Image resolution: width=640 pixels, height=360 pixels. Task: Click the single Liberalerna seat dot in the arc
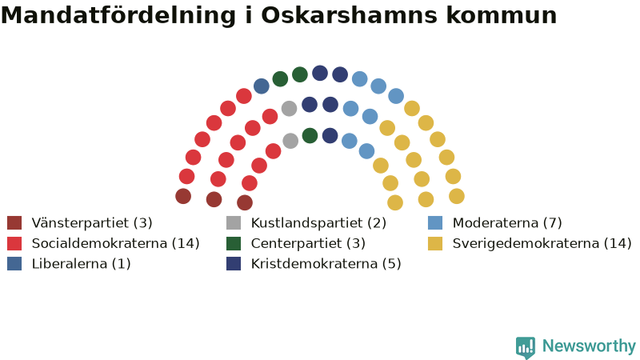tap(262, 86)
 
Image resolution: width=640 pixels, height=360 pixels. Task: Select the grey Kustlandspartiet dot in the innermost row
tap(290, 141)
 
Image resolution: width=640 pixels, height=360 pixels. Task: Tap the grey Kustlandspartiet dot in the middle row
tap(289, 109)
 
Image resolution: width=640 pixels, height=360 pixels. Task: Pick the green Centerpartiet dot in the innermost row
tap(310, 135)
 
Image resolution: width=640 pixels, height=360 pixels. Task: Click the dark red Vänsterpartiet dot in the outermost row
tap(183, 196)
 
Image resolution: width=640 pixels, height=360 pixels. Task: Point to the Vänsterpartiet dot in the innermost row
tap(245, 202)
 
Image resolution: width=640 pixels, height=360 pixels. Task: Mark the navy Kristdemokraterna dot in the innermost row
tap(330, 135)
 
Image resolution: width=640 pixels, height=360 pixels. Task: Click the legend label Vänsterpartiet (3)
tap(92, 223)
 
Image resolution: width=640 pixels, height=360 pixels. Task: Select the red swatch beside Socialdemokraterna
tap(14, 243)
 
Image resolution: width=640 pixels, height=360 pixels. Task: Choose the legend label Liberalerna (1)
tap(82, 264)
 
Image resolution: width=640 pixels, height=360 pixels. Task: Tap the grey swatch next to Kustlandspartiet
tap(234, 223)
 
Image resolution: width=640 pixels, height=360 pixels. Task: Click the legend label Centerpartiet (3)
tap(308, 243)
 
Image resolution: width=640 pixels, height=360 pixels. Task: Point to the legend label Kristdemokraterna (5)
tap(326, 264)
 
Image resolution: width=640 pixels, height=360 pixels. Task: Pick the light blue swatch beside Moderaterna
tap(435, 223)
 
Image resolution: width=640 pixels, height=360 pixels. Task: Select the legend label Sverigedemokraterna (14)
tap(542, 243)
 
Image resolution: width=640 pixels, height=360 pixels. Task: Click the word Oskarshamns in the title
tap(350, 15)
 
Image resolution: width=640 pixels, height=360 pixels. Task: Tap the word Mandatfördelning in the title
tap(118, 15)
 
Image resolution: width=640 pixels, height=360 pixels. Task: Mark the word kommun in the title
tap(502, 15)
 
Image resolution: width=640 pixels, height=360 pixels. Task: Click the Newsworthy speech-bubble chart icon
tap(526, 347)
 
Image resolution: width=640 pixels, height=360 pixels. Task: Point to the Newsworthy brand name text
tap(589, 346)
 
